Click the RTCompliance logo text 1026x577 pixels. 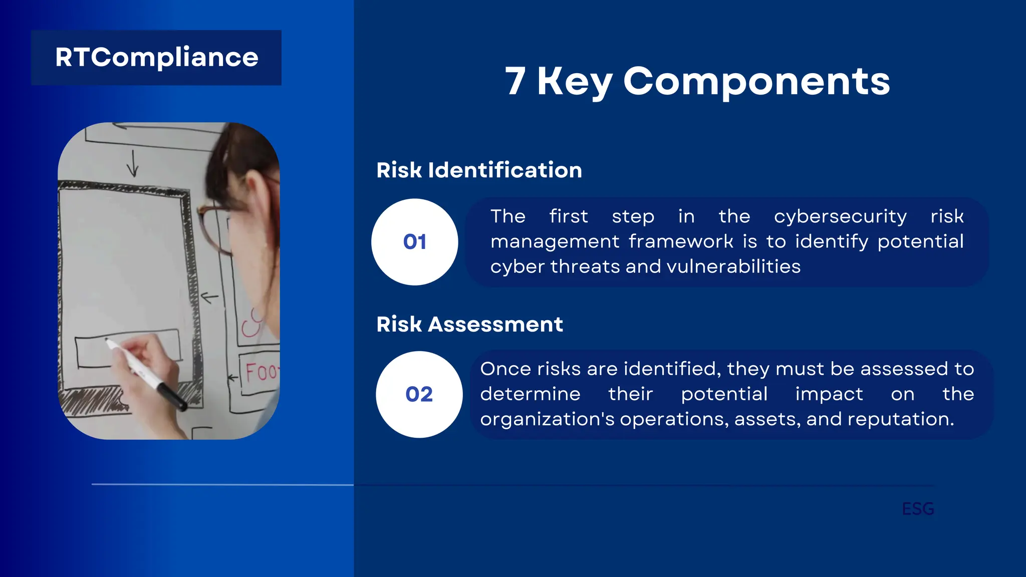(156, 58)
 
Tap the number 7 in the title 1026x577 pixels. (516, 81)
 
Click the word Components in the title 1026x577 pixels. (756, 81)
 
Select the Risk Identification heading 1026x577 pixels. (479, 170)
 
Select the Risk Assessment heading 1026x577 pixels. (469, 325)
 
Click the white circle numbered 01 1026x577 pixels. (414, 242)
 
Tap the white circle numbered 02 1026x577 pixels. (419, 394)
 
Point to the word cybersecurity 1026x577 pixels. (840, 216)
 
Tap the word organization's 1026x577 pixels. (547, 419)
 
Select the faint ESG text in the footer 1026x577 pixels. (918, 509)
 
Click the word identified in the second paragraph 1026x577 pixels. (672, 369)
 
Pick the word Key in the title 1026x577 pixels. (575, 81)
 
